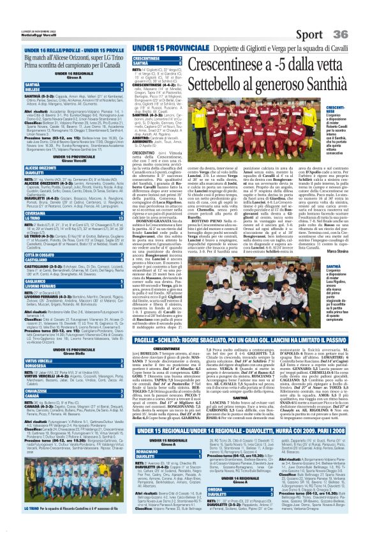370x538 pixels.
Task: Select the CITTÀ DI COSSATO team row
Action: click(45, 236)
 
